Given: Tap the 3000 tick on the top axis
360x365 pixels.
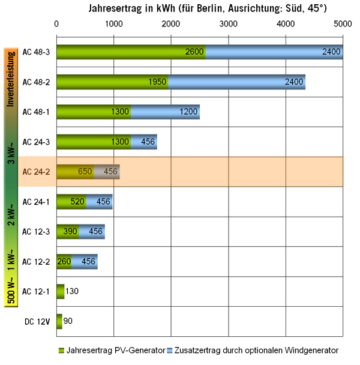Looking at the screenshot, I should click(x=228, y=24).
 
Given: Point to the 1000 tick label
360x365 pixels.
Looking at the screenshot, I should click(x=113, y=24).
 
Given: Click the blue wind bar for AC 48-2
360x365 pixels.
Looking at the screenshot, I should click(x=237, y=81).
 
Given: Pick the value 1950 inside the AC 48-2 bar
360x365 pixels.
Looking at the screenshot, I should click(x=158, y=82).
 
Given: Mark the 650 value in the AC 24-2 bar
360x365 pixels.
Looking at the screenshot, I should click(x=85, y=172).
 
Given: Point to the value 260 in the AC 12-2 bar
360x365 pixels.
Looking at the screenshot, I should click(x=64, y=262).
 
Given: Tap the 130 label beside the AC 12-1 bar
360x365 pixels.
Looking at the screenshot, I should click(x=73, y=292).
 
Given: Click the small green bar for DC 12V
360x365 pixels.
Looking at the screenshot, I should click(x=59, y=321).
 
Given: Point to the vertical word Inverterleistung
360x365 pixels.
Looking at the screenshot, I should click(x=11, y=78).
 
